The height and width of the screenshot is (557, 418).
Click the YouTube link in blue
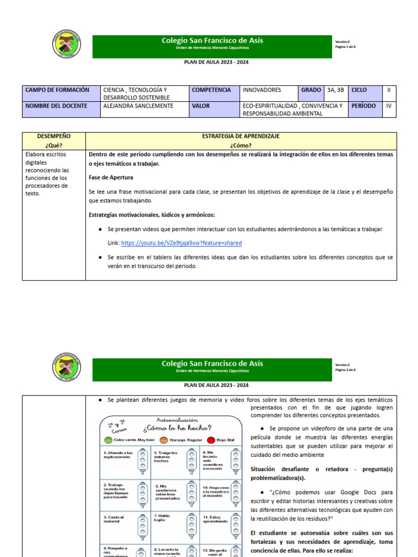[x=181, y=243]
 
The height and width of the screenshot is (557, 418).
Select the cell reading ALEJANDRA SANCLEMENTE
[x=138, y=106]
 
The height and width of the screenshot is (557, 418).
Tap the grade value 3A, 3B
[x=335, y=90]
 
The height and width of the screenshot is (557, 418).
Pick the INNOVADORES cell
[x=262, y=90]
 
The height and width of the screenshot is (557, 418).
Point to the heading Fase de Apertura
[x=111, y=177]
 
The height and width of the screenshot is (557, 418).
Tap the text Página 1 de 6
[x=345, y=47]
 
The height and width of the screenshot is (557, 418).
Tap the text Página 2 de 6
[x=345, y=370]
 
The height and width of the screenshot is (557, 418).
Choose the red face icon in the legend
[x=211, y=439]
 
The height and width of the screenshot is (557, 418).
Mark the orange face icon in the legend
[x=163, y=439]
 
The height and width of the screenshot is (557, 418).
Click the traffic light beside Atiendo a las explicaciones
[x=142, y=462]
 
